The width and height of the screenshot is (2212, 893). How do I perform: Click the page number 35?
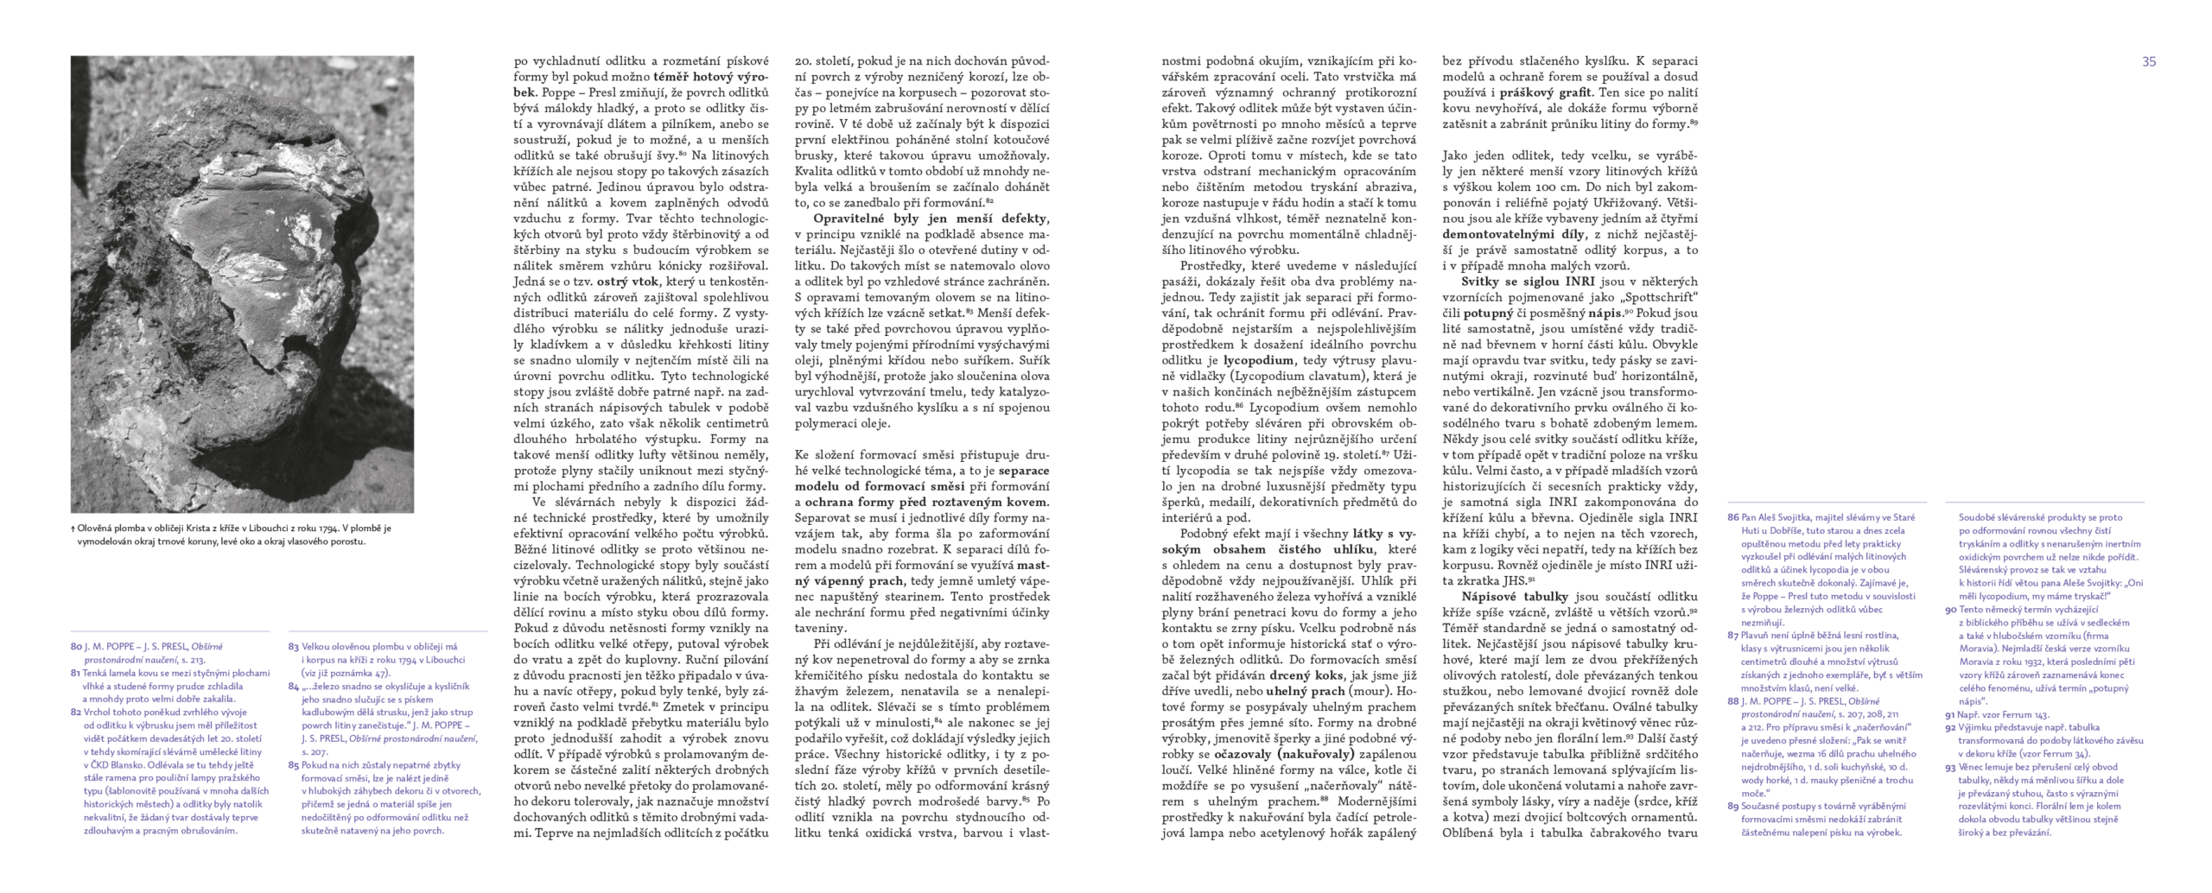(2149, 61)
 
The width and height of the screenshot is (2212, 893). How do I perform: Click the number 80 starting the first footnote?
(75, 647)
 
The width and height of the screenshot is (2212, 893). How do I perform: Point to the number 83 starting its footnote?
(294, 647)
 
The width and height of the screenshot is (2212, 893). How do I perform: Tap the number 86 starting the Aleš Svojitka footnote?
(1732, 517)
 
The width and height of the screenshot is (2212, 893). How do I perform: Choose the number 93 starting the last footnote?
(1950, 767)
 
